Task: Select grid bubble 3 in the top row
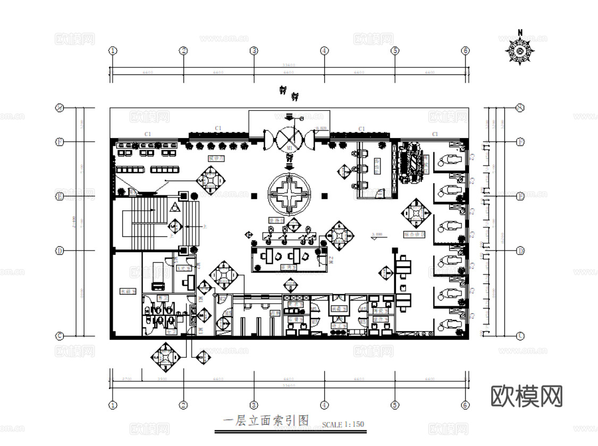(254, 51)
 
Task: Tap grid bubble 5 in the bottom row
(394, 405)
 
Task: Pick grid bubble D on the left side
(60, 251)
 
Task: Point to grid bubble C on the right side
(520, 336)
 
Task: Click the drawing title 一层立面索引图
(266, 422)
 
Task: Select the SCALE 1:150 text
(343, 424)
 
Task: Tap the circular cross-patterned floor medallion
(290, 195)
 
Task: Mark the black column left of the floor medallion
(254, 196)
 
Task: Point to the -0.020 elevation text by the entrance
(321, 129)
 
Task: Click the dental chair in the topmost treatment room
(449, 158)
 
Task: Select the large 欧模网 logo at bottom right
(526, 396)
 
